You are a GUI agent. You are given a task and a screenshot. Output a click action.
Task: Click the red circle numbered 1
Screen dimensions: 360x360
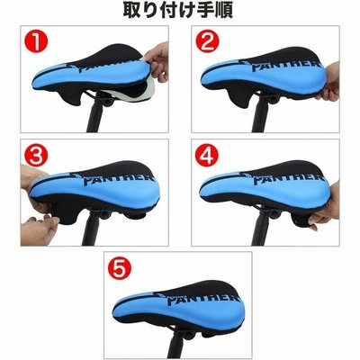point(36,41)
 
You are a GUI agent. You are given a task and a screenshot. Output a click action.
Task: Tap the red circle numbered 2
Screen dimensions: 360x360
point(207,41)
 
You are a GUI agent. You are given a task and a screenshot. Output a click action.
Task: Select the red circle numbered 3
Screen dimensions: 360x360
point(36,156)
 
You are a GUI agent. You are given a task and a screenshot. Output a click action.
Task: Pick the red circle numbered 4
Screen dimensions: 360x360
point(207,156)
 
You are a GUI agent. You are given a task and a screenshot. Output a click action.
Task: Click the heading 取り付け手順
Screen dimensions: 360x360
point(178,11)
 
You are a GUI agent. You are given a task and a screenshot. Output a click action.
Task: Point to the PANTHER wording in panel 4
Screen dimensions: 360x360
point(288,179)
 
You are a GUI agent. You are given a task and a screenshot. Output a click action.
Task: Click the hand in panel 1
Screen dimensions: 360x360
point(157,61)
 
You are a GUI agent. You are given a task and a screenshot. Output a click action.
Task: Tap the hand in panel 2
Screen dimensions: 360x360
point(328,82)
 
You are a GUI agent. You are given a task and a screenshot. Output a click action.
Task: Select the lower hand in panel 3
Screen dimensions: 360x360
point(39,229)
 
